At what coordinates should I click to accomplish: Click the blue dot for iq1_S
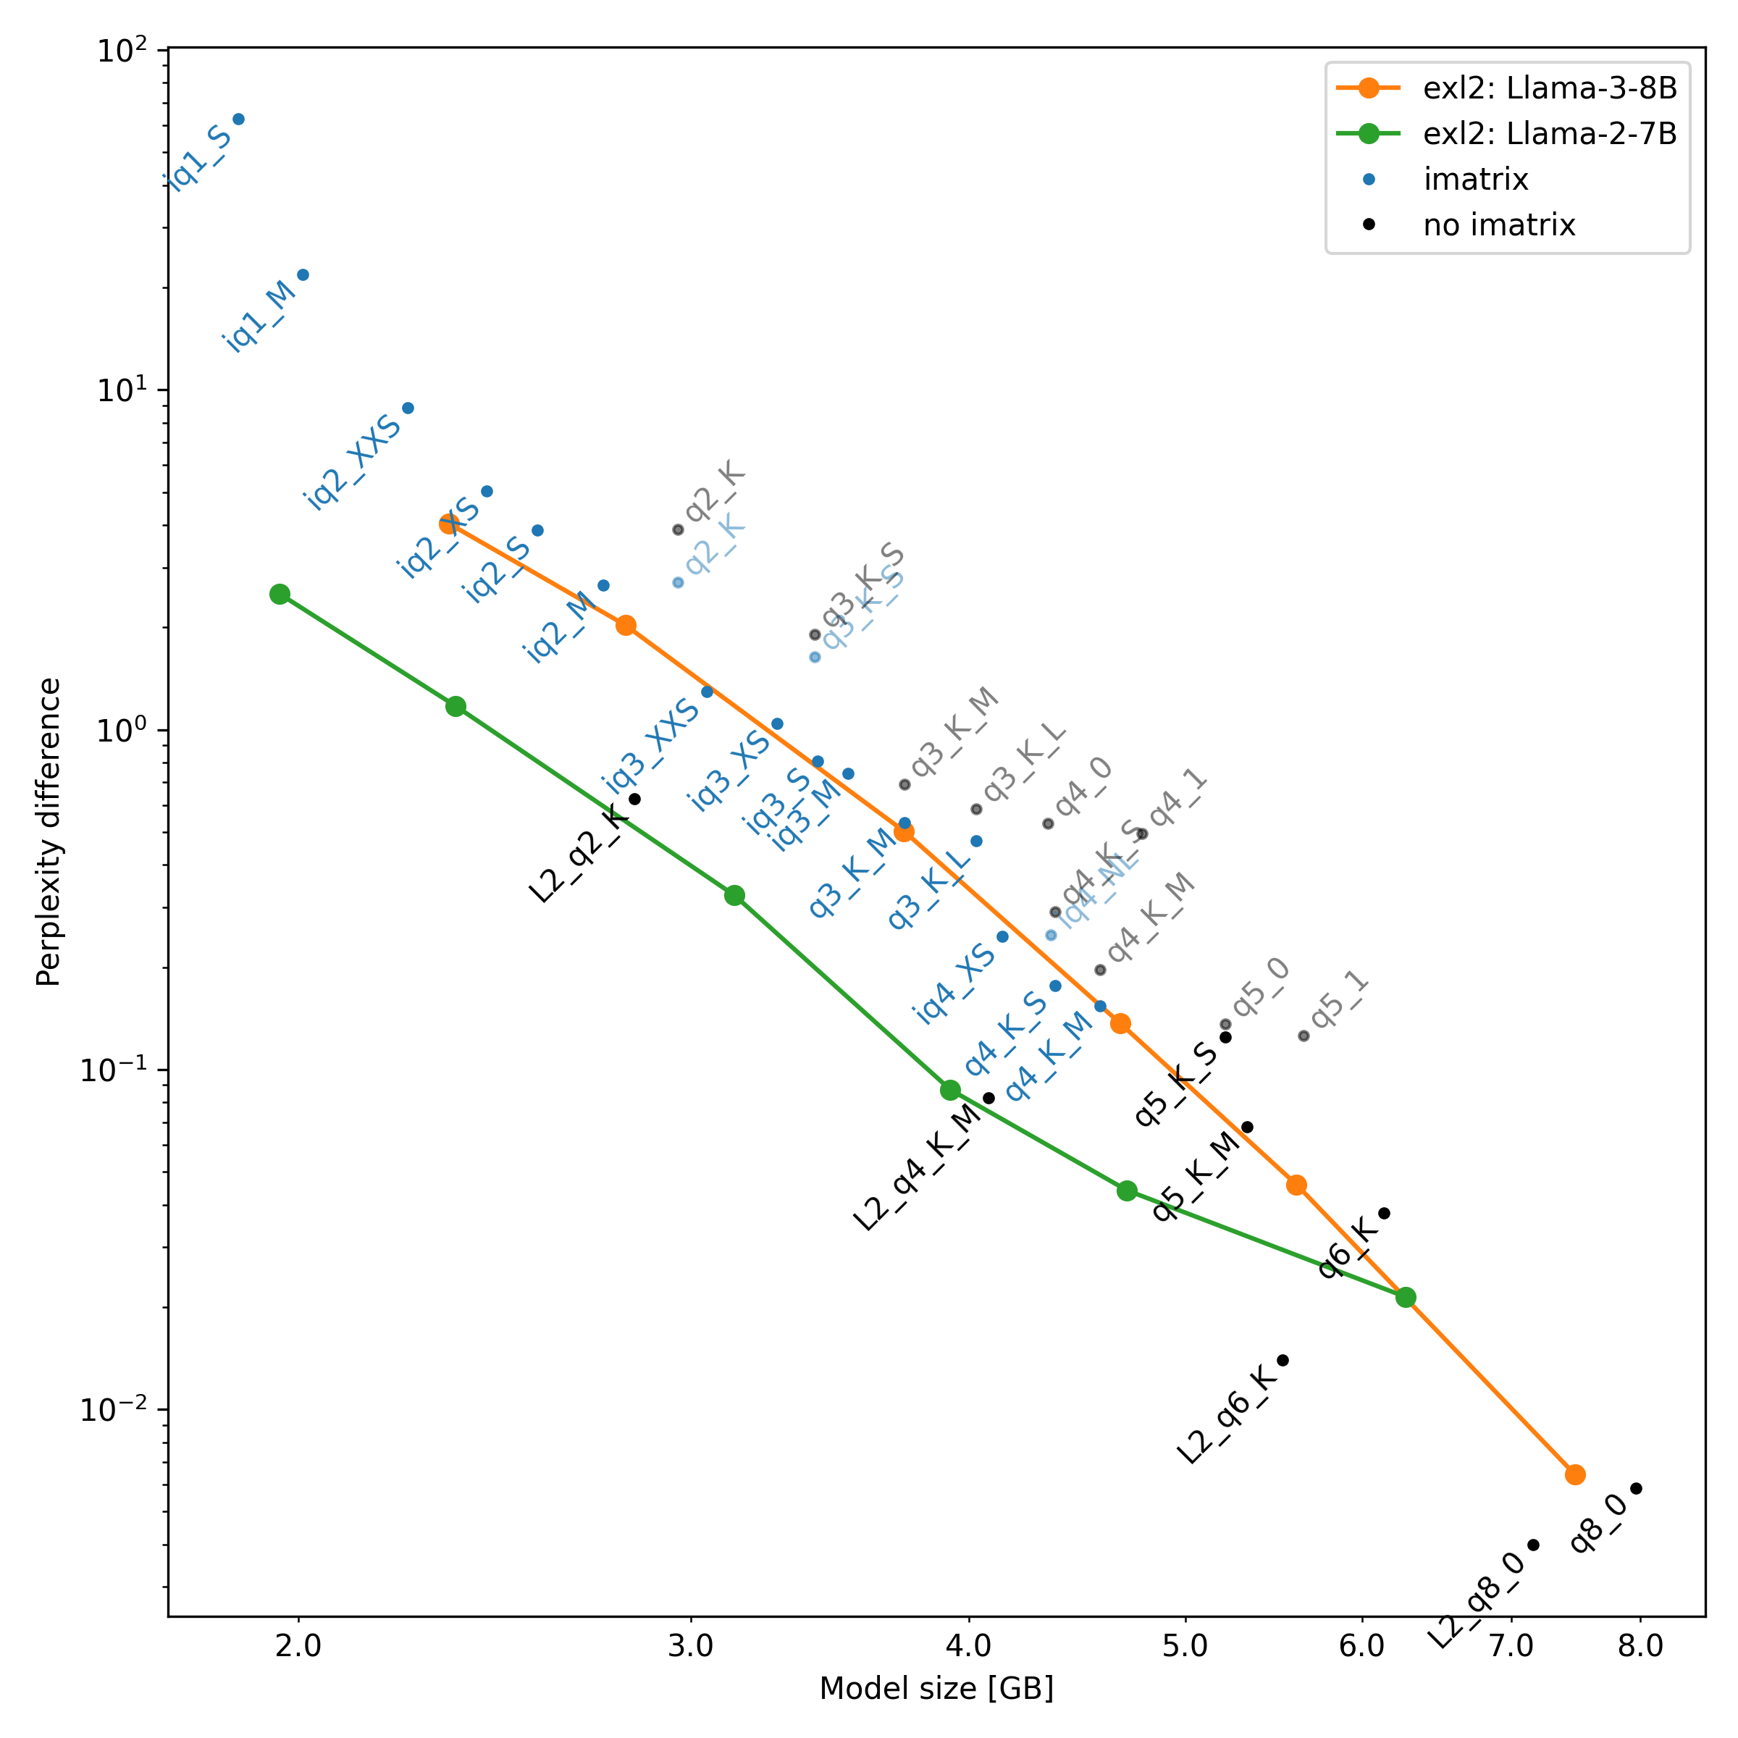click(x=238, y=119)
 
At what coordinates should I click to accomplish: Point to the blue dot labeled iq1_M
click(x=303, y=274)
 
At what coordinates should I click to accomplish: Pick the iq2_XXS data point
click(x=408, y=408)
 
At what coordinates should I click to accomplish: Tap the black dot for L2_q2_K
click(x=634, y=799)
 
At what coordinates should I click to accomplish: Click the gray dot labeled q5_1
click(x=1303, y=1036)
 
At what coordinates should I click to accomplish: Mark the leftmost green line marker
click(x=280, y=594)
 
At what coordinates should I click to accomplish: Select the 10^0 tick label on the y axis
click(x=119, y=731)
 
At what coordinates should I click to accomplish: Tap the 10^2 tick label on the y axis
click(x=119, y=51)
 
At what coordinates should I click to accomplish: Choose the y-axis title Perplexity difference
click(x=49, y=832)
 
